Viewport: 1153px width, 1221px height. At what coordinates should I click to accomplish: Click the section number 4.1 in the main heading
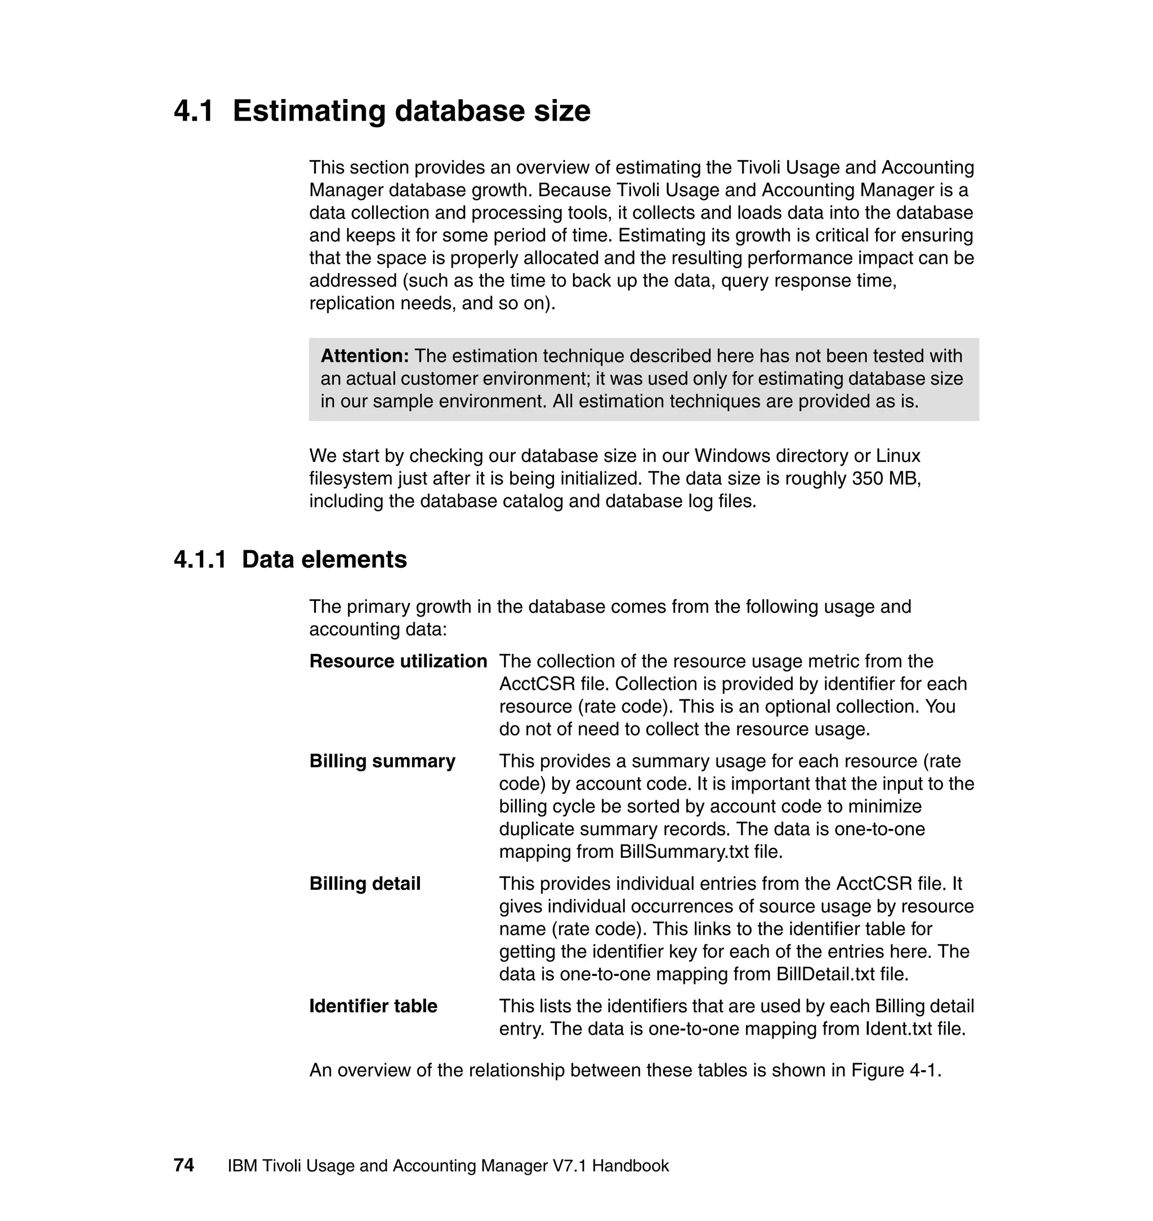tap(194, 112)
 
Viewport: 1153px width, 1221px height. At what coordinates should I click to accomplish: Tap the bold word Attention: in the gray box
tap(364, 356)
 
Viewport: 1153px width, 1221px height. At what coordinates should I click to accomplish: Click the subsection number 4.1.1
tap(200, 560)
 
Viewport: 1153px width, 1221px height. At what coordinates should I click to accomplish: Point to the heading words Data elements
tap(324, 560)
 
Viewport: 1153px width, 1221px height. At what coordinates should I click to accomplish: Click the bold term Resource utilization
tap(398, 662)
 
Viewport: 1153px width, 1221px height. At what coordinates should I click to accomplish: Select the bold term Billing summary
tap(382, 761)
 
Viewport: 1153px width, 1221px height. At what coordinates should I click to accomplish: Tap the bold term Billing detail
tap(365, 884)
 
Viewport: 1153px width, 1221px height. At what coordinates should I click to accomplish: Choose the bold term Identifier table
tap(373, 1006)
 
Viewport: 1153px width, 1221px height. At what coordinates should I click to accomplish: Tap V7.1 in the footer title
tap(569, 1166)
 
